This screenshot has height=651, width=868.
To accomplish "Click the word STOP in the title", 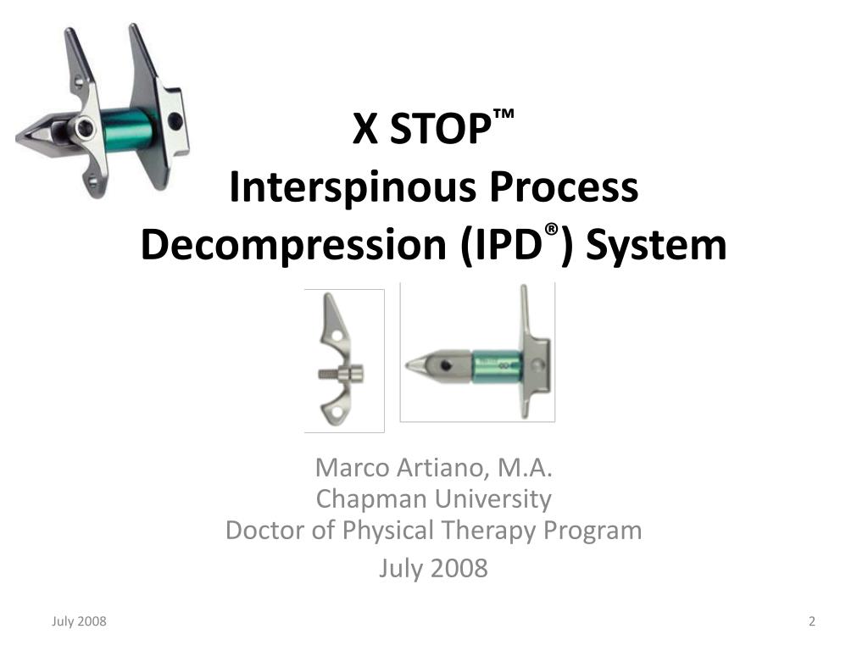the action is tap(440, 129).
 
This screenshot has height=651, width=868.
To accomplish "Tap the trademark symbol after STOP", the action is tap(504, 114).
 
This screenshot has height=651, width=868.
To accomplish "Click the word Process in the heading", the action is tap(564, 187).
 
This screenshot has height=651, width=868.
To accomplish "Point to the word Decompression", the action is tap(293, 245).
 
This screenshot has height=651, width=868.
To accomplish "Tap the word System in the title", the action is tap(656, 246).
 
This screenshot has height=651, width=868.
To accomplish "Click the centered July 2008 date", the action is tap(433, 569).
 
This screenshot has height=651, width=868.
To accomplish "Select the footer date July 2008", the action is tap(79, 621).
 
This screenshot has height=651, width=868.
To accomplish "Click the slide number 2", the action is tap(812, 621).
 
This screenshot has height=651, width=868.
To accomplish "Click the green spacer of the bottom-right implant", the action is tap(497, 366).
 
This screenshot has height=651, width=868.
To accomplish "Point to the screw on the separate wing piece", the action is tap(341, 375).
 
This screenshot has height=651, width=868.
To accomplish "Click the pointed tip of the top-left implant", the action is tap(17, 138).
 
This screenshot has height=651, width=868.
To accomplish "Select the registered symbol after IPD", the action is tap(551, 230).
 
